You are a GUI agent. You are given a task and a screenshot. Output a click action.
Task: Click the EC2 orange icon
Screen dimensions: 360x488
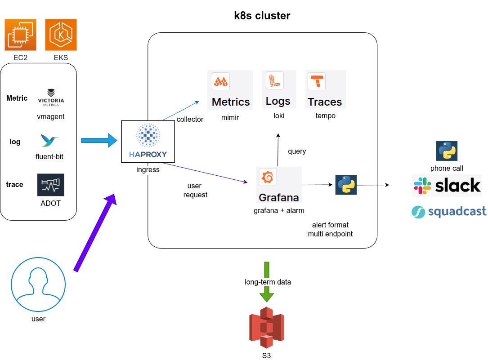tap(20, 35)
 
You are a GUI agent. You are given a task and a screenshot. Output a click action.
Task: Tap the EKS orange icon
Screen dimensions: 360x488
tap(61, 35)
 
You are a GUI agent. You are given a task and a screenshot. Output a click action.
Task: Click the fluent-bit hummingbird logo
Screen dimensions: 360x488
tap(50, 141)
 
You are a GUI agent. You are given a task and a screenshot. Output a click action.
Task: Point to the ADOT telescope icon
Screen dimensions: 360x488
tap(50, 185)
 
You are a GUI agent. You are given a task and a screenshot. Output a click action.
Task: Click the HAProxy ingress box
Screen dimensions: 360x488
tap(148, 141)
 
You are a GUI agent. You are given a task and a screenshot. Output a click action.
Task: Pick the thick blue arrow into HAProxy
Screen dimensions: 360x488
tap(98, 141)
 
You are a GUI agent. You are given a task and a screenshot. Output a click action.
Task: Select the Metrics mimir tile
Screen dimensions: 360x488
tap(230, 90)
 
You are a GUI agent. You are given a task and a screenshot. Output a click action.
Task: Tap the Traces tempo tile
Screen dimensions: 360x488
tap(325, 89)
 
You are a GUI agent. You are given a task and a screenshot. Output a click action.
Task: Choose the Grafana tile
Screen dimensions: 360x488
tap(279, 185)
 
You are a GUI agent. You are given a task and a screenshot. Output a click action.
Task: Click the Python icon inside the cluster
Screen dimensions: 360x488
tap(346, 185)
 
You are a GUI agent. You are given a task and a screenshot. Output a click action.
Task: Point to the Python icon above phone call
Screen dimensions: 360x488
tap(447, 151)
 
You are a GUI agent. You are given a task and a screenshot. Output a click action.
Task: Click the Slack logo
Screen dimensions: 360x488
tap(447, 185)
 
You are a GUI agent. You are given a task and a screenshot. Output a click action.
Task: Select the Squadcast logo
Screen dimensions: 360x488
tap(449, 212)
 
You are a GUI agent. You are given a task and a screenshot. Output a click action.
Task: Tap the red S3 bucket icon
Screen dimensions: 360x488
tap(267, 327)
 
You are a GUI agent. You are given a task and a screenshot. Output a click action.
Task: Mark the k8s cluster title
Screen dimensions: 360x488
tap(262, 16)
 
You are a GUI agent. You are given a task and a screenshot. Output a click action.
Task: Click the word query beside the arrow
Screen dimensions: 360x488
tap(297, 151)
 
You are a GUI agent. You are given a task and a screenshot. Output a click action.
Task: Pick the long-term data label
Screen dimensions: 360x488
tap(268, 282)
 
